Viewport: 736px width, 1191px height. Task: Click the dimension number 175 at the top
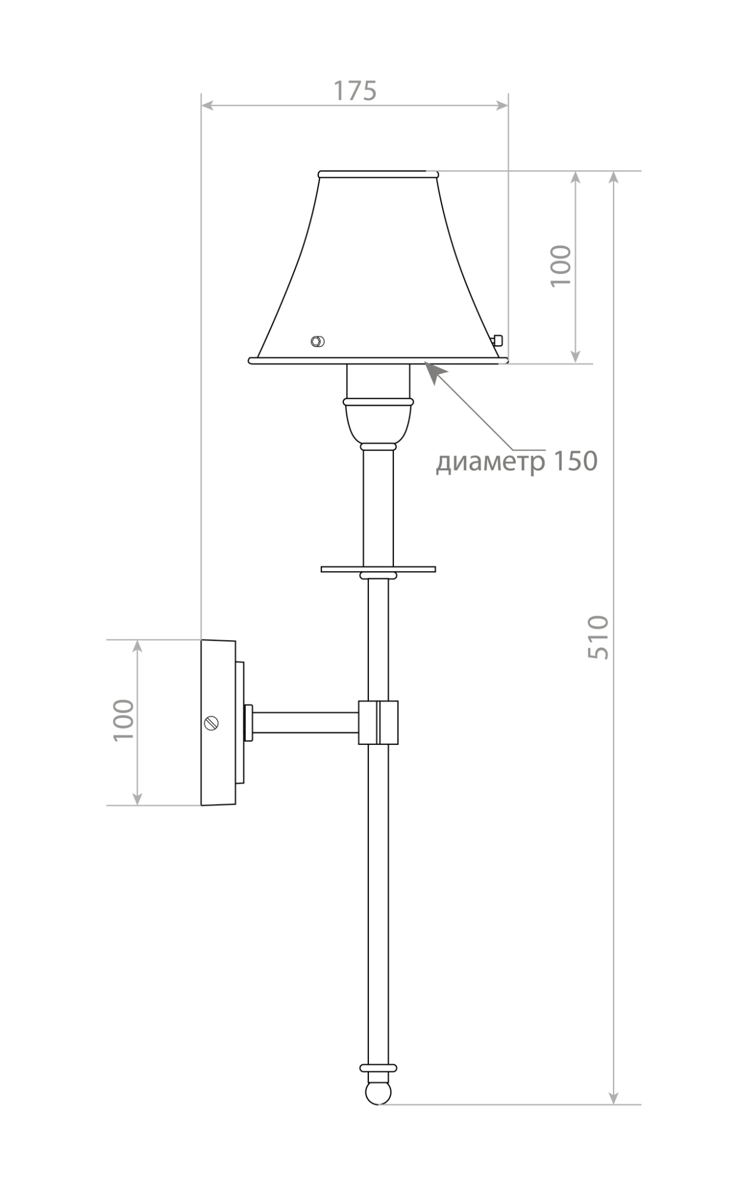tap(355, 91)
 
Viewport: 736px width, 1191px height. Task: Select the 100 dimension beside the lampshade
tap(560, 266)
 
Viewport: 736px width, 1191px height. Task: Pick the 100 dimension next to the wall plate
tap(124, 720)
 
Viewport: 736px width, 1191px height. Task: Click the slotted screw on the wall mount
tap(211, 723)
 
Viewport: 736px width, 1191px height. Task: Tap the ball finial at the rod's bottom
tap(378, 1092)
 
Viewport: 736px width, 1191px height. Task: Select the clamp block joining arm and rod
tap(378, 722)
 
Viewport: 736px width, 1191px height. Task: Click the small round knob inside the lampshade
tap(318, 341)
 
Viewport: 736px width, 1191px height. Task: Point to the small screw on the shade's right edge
tap(498, 341)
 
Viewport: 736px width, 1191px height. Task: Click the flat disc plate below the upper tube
tap(378, 569)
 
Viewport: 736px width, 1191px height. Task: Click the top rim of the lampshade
tap(378, 174)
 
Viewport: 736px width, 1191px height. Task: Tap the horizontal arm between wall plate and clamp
tap(305, 722)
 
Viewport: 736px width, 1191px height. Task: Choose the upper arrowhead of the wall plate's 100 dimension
tap(137, 647)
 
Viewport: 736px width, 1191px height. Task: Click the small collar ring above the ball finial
tap(378, 1068)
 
